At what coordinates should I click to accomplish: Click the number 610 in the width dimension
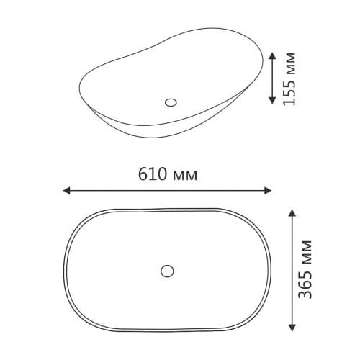pyautogui.click(x=153, y=174)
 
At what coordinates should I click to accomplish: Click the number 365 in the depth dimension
pyautogui.click(x=305, y=284)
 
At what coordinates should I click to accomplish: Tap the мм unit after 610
pyautogui.click(x=185, y=176)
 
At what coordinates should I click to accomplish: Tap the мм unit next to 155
pyautogui.click(x=290, y=63)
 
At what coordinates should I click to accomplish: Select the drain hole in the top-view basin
pyautogui.click(x=167, y=271)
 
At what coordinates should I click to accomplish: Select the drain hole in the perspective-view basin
pyautogui.click(x=171, y=102)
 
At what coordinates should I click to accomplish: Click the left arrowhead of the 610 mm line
pyautogui.click(x=66, y=191)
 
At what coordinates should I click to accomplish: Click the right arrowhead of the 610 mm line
pyautogui.click(x=268, y=191)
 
